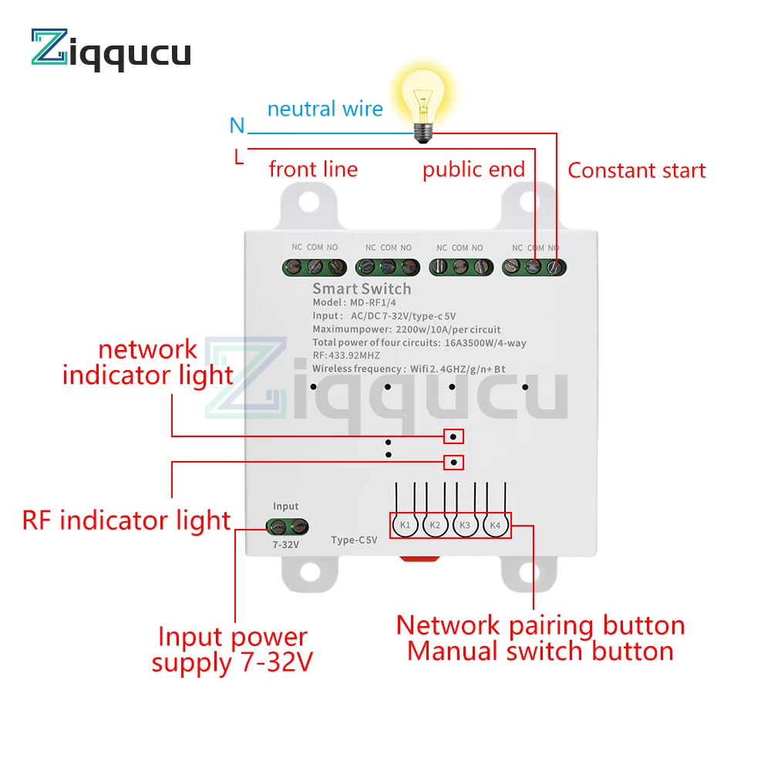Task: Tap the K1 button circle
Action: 405,525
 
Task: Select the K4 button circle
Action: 496,525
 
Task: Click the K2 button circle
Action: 435,525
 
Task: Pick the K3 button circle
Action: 465,525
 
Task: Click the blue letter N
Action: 237,125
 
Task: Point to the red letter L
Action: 239,157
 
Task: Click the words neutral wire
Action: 325,109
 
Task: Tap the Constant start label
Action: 636,170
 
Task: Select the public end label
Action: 473,170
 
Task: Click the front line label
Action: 313,169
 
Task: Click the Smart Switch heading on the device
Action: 362,289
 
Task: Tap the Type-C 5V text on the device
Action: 354,540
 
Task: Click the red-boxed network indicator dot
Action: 455,436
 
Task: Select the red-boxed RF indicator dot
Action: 455,463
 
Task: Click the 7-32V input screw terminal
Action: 288,527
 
